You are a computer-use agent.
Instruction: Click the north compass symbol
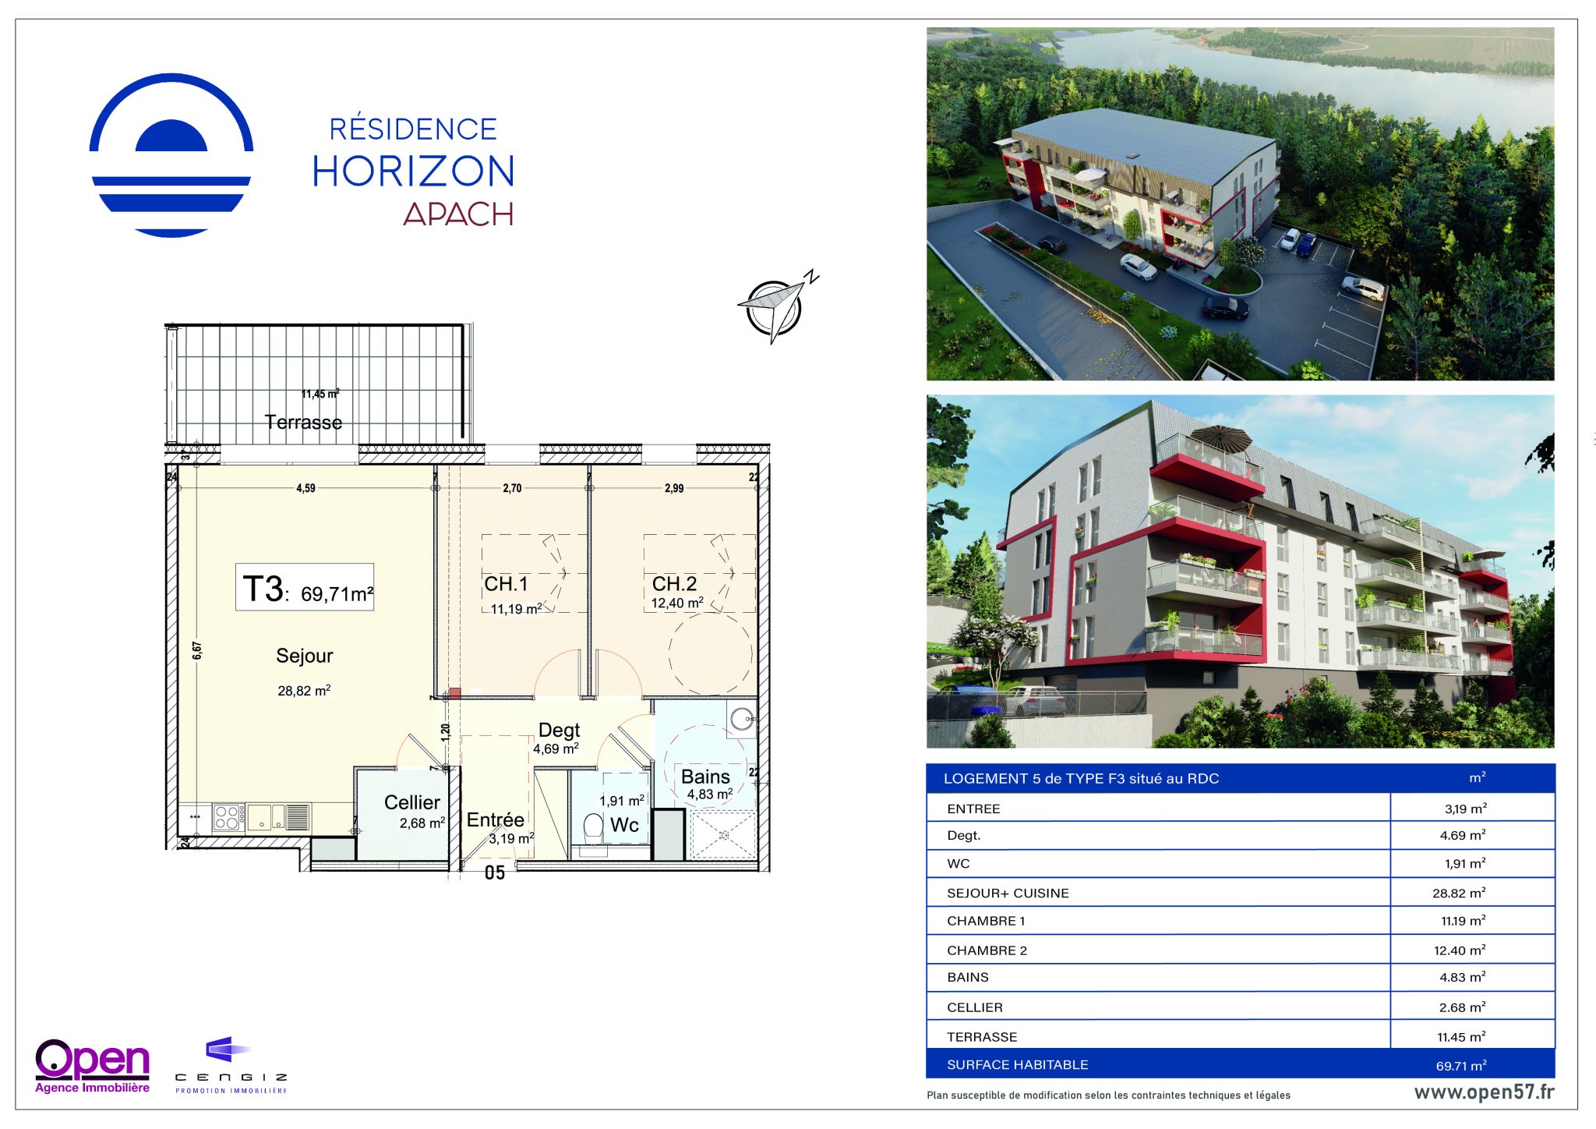click(x=775, y=307)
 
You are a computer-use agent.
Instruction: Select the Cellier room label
click(x=412, y=802)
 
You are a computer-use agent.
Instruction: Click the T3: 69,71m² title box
click(x=305, y=587)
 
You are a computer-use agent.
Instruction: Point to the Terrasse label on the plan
click(x=303, y=422)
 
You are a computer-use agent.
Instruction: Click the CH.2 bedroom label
click(x=674, y=583)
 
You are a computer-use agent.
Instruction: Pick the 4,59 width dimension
click(x=305, y=488)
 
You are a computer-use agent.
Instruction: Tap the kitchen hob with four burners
click(x=227, y=817)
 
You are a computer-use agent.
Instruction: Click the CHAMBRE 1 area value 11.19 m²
click(x=1463, y=921)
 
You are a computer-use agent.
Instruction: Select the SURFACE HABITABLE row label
click(x=1017, y=1064)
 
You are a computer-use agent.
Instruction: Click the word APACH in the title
click(x=458, y=214)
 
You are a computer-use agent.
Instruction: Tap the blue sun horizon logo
click(x=171, y=155)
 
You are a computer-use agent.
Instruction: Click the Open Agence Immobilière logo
click(x=93, y=1066)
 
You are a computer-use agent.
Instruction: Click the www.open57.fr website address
click(x=1484, y=1092)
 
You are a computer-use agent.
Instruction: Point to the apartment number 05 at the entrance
click(x=495, y=873)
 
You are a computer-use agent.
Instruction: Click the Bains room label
click(x=705, y=777)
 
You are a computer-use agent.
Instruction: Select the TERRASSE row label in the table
click(x=982, y=1037)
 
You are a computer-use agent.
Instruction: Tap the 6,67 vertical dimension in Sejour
click(x=197, y=650)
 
